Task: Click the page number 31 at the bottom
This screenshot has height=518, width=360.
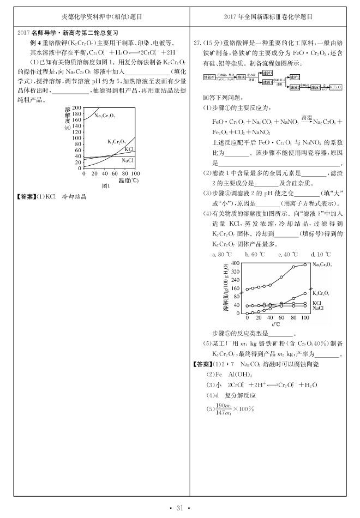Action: coord(180,509)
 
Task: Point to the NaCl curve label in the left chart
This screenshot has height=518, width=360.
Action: coord(127,160)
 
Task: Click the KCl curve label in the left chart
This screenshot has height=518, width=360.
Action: coord(129,149)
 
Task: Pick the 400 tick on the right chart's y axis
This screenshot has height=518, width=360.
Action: coord(235,263)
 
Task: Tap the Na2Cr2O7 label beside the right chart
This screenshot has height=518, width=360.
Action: coord(323,264)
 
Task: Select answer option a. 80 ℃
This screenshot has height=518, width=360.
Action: coord(221,255)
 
